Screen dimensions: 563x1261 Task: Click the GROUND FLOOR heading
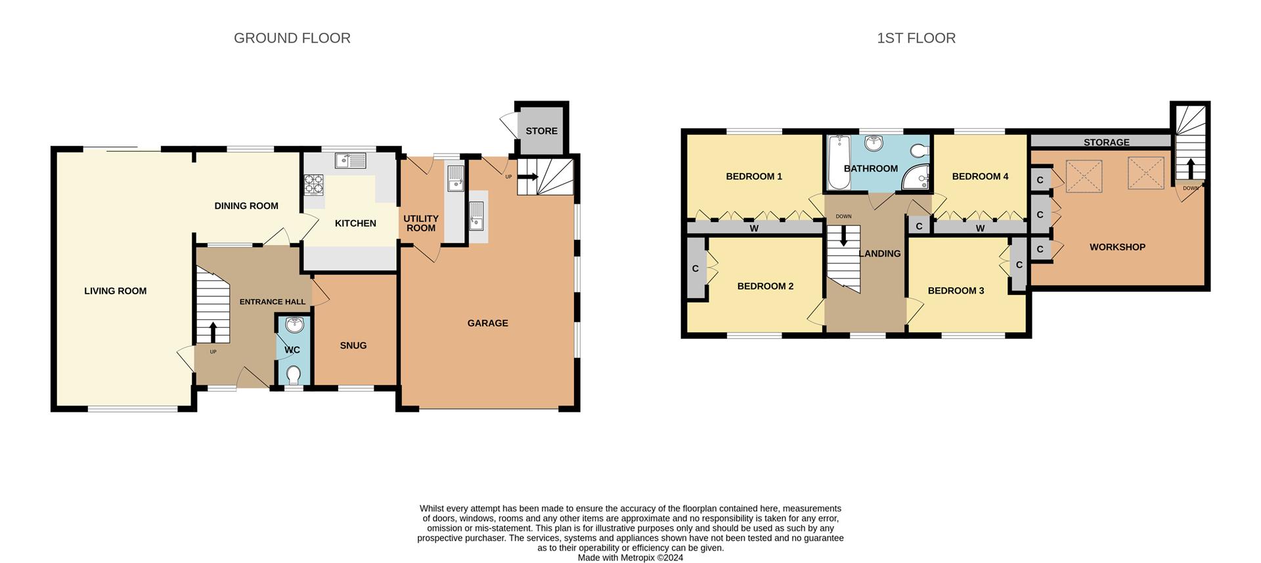[292, 38]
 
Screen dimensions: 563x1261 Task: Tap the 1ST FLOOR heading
[916, 38]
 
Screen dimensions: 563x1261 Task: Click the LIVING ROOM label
[115, 291]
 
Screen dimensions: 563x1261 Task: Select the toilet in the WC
[293, 374]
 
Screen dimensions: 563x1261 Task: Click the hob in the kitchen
[314, 183]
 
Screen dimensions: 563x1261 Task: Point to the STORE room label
[541, 131]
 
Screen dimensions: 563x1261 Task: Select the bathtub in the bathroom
[836, 162]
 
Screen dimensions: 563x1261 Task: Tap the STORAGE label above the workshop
[1106, 142]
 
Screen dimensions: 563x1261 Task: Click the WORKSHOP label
[1117, 247]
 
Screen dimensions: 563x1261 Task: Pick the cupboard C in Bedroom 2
[695, 268]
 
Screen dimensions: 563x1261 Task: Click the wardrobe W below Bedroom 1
[753, 229]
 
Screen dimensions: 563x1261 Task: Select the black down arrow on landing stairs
[844, 236]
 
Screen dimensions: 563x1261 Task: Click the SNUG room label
[353, 346]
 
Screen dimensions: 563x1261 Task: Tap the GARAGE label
[487, 323]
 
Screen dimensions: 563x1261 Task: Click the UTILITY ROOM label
[420, 223]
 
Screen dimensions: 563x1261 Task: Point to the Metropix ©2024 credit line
[630, 558]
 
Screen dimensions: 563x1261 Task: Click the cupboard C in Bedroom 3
[1019, 265]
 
